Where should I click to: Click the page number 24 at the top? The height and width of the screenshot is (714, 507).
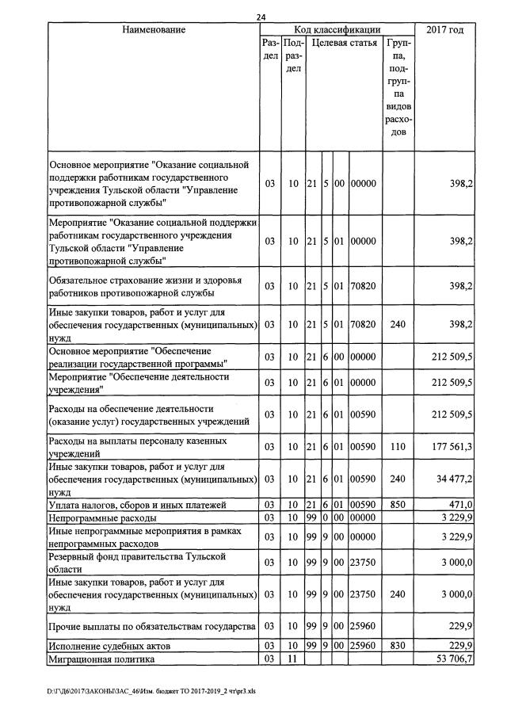(262, 17)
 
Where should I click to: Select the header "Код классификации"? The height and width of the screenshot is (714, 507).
(337, 30)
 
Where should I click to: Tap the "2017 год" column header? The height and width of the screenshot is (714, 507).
(444, 30)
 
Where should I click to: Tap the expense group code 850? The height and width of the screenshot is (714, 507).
(398, 505)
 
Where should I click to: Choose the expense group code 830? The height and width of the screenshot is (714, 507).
(398, 647)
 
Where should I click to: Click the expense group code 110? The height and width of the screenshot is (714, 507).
(398, 447)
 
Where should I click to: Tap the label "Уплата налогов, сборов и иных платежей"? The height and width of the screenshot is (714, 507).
(138, 505)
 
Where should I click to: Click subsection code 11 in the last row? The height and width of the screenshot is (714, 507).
(293, 659)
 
